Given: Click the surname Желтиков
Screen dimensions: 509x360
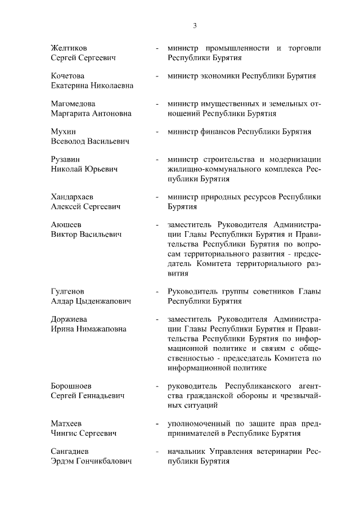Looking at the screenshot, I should [69, 48].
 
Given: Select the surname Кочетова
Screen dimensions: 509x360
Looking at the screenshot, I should [67, 76].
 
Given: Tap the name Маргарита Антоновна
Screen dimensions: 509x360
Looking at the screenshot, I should [91, 113].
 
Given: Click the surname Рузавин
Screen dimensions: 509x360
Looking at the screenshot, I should [66, 159].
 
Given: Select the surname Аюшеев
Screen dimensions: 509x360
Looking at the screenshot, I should [66, 225].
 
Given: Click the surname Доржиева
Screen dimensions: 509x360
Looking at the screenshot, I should [70, 319].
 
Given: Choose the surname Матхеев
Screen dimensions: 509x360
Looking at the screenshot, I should [67, 424].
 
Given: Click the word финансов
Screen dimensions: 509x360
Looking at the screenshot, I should [217, 132].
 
